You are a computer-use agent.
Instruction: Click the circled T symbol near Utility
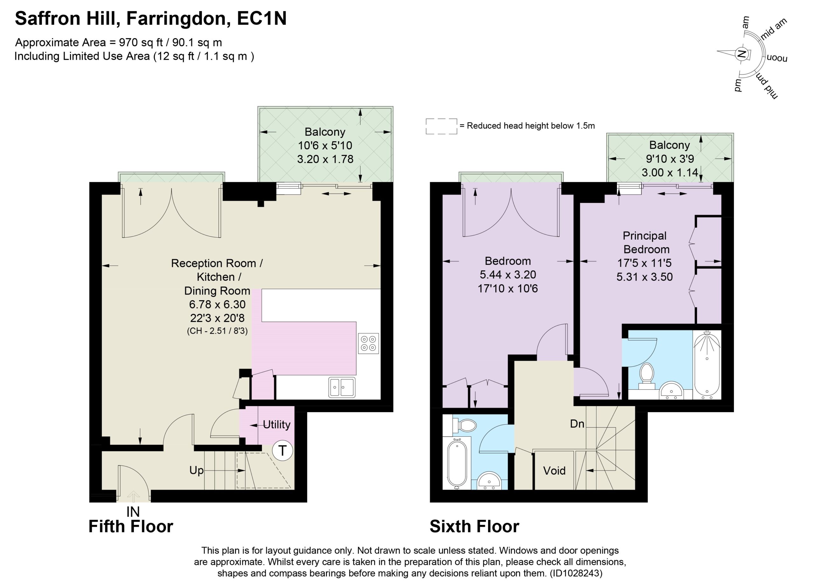tap(282, 451)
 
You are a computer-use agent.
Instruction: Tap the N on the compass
tap(741, 55)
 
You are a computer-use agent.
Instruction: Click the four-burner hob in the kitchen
tap(368, 343)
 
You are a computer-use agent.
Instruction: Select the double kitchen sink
tap(342, 387)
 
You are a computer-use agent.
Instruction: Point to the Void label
tap(554, 471)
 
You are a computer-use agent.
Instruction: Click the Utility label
tap(276, 425)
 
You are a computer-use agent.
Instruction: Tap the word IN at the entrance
tap(133, 511)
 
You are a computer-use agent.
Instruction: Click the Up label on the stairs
tap(196, 471)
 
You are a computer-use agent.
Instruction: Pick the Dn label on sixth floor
tap(577, 424)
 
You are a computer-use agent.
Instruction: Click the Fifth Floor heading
tap(131, 527)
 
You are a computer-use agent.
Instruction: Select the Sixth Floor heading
tap(474, 527)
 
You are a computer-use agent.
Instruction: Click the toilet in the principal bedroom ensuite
tap(647, 376)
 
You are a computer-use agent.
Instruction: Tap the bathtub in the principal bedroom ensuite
tap(707, 365)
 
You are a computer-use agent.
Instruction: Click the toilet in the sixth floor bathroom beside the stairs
tap(465, 426)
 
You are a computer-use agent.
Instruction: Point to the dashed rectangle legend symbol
tap(441, 126)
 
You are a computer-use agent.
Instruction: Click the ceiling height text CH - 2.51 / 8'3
tap(217, 331)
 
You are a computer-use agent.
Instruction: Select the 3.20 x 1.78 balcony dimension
tap(325, 159)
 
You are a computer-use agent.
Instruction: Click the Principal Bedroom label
tap(646, 242)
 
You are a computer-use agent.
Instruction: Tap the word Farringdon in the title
tap(178, 19)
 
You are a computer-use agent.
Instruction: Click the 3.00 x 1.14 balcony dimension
tap(670, 173)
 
